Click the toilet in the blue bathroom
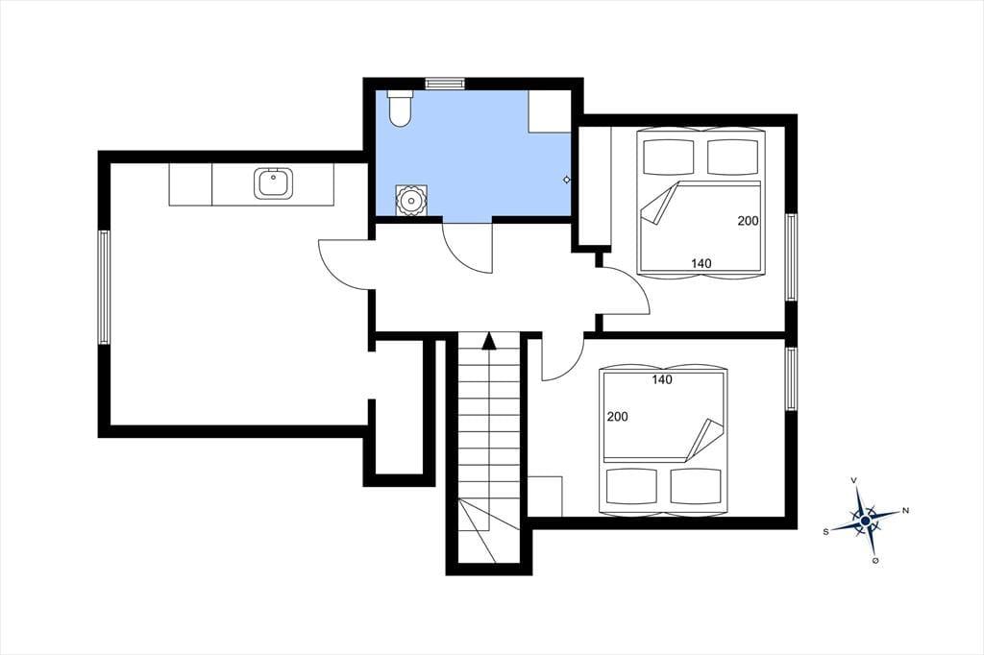(x=400, y=109)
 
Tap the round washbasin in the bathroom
(x=411, y=201)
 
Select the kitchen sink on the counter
(x=274, y=183)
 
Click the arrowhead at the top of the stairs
(x=489, y=341)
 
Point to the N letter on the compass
(x=905, y=511)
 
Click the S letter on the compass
(x=825, y=531)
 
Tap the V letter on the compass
(x=853, y=480)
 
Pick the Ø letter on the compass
(x=874, y=561)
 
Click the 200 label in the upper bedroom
(x=748, y=221)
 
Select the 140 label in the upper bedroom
(x=701, y=263)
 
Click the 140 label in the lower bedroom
(x=662, y=379)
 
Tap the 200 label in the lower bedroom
(x=618, y=417)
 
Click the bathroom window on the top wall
(x=445, y=84)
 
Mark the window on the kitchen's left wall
(x=104, y=287)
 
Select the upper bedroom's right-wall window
(x=792, y=257)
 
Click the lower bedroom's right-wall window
(x=792, y=379)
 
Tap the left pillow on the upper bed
(x=670, y=157)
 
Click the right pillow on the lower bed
(x=696, y=486)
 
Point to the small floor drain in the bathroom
(x=567, y=180)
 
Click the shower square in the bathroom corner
(x=550, y=111)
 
